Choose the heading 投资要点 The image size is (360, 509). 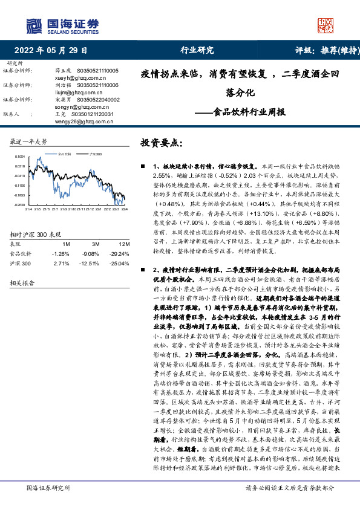click(x=160, y=143)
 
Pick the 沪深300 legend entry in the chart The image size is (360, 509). click(x=96, y=154)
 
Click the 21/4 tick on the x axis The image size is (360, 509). click(x=28, y=210)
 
